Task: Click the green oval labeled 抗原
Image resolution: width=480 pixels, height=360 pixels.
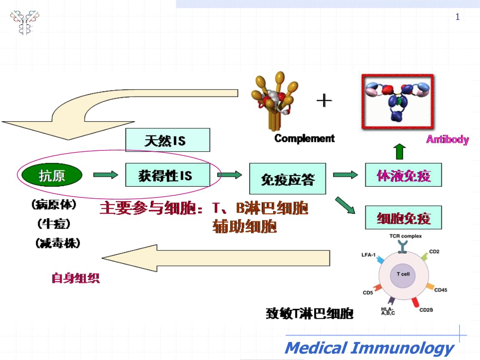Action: [51, 175]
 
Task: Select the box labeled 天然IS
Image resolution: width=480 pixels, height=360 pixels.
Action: [168, 140]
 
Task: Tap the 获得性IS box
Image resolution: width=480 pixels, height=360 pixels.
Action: [168, 175]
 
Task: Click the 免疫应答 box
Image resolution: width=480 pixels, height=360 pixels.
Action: [287, 178]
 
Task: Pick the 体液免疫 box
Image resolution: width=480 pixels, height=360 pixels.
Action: [403, 175]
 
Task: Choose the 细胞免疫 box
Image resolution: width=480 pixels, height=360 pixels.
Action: [403, 217]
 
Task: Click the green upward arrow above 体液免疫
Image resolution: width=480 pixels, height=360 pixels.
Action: [400, 152]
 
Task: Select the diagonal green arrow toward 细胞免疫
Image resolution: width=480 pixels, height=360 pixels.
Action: [345, 205]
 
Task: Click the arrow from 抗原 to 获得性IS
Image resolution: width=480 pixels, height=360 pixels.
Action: [105, 175]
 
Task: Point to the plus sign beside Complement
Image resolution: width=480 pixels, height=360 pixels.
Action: [324, 100]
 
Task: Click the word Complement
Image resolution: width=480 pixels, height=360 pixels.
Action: [304, 138]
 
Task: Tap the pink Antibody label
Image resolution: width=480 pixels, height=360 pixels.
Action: [447, 139]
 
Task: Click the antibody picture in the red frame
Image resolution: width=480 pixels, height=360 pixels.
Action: [397, 101]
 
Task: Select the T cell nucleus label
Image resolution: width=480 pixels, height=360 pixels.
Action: [403, 274]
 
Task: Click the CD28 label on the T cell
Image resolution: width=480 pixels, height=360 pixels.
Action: [426, 310]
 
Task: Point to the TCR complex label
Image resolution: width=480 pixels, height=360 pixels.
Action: [405, 236]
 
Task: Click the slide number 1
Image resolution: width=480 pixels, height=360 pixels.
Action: [457, 17]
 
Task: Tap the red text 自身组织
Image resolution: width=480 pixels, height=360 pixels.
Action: [75, 278]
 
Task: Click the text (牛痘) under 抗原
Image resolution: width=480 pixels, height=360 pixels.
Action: [54, 224]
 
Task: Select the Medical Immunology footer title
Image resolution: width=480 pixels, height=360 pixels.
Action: [370, 348]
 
